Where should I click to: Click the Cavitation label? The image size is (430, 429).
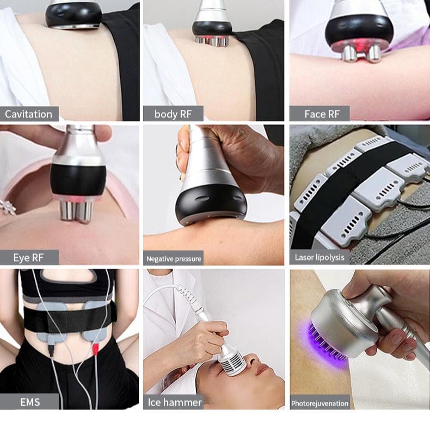29,114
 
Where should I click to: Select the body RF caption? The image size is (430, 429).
173,114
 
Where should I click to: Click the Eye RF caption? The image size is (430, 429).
29,257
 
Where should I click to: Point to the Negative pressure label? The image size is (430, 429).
174,258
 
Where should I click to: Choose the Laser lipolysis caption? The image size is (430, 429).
320,257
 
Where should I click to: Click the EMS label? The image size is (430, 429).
29,402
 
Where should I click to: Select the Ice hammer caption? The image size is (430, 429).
175,402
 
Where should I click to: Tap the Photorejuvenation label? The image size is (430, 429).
320,403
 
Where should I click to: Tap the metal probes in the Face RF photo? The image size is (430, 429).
361,52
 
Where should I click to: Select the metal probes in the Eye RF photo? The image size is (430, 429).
76,209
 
